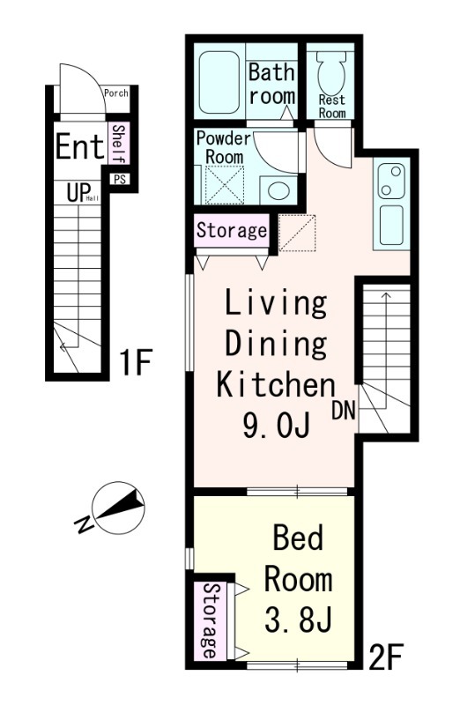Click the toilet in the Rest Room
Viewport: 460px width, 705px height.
331,72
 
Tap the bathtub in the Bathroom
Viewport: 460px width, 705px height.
219,82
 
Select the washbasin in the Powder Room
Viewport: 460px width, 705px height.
278,189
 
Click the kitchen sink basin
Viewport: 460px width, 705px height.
390,225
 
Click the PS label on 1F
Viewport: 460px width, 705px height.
119,180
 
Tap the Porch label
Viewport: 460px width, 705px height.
116,93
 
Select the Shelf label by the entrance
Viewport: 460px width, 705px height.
119,144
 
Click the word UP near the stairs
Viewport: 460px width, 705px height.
78,192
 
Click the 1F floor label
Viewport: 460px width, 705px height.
135,362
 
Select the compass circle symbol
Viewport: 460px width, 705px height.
118,508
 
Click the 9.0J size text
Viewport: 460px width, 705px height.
276,425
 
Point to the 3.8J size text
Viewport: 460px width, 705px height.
298,619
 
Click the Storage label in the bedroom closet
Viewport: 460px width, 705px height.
210,620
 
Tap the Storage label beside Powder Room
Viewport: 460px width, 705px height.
232,230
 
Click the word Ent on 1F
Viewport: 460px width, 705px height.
79,146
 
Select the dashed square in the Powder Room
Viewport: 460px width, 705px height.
224,185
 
